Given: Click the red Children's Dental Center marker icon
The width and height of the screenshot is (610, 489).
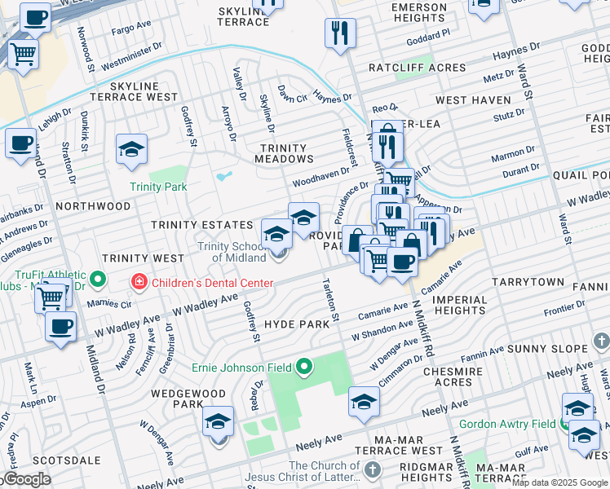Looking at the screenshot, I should click(139, 282).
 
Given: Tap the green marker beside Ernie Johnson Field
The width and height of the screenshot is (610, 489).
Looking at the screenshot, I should click(305, 367).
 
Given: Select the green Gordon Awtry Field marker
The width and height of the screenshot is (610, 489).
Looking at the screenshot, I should click(564, 424).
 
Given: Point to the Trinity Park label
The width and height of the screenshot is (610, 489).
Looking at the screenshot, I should click(158, 187).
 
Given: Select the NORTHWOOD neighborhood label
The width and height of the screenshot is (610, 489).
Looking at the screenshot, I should click(93, 206).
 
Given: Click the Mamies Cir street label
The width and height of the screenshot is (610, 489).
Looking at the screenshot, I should click(108, 302).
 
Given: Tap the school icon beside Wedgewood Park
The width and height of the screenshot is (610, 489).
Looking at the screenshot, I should click(218, 422).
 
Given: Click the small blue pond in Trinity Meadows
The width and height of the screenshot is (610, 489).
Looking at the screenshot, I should click(223, 175).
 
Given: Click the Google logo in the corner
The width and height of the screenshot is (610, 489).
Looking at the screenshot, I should click(26, 479).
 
